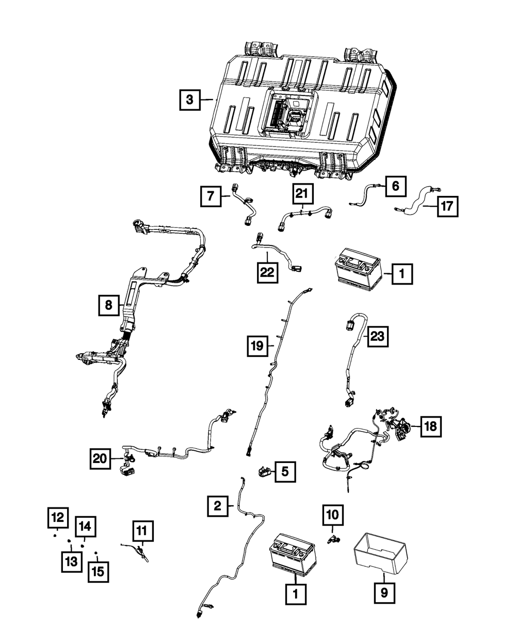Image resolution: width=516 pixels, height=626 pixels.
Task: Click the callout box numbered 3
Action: [190, 100]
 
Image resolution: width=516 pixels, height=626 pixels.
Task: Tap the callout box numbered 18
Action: [430, 426]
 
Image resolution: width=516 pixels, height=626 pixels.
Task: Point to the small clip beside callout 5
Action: [264, 471]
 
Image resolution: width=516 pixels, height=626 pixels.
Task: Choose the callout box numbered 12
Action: [58, 517]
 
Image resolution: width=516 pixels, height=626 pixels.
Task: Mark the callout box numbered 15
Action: [98, 572]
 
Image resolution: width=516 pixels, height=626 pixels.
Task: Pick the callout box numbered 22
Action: [268, 272]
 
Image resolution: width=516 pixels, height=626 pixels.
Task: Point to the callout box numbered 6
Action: [395, 186]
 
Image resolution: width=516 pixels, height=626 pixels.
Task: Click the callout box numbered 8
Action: [108, 305]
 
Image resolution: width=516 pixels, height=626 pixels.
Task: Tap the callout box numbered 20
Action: [101, 458]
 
